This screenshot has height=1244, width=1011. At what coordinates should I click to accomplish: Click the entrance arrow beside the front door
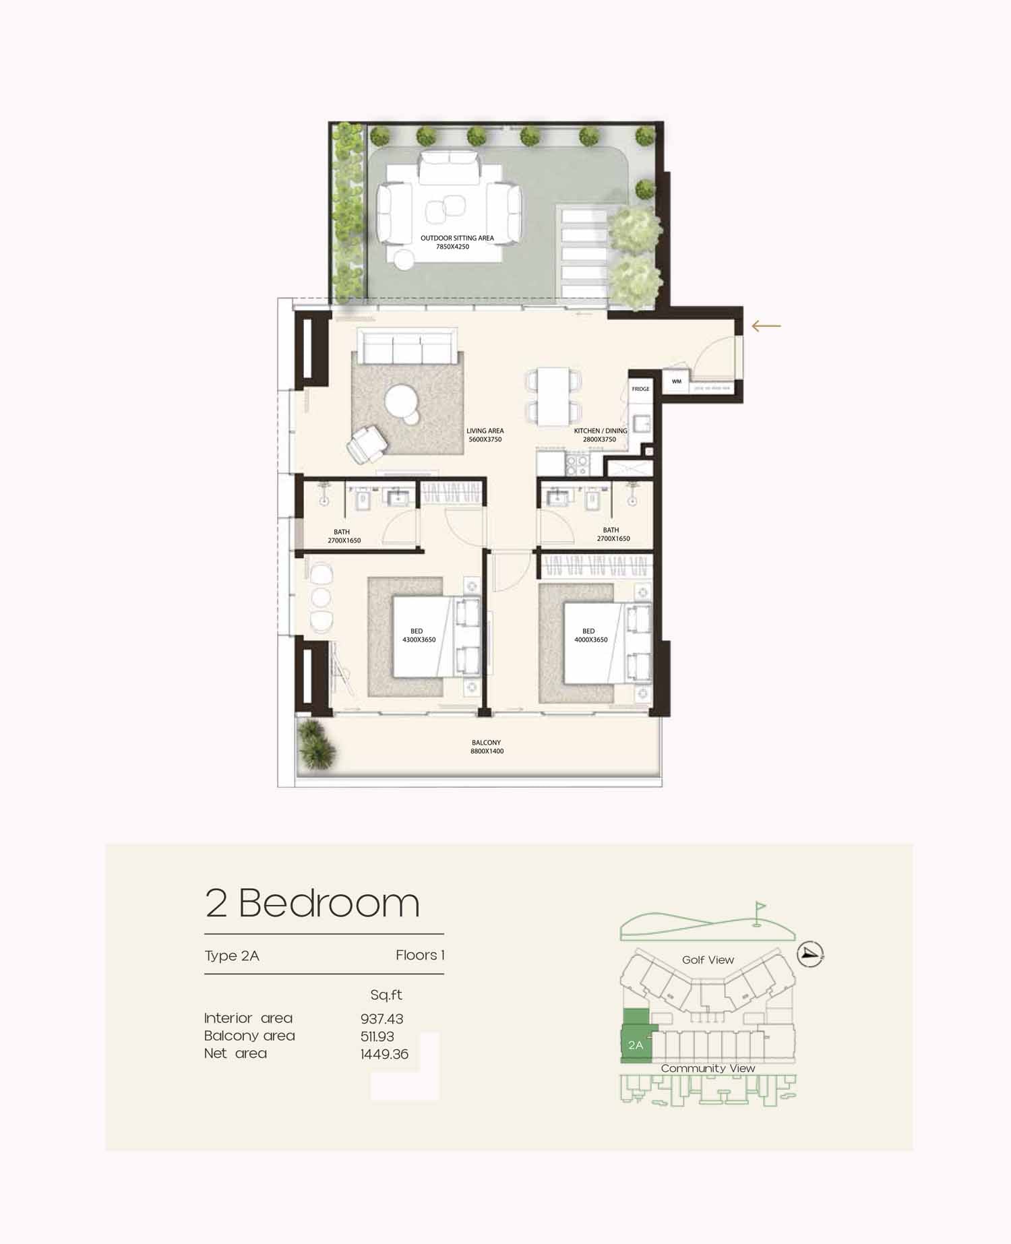(766, 326)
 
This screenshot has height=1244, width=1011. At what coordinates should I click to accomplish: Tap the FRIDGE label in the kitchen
(641, 389)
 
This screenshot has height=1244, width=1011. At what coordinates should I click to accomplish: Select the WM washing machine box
(677, 381)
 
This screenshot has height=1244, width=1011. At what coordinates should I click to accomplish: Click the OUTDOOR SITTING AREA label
(457, 238)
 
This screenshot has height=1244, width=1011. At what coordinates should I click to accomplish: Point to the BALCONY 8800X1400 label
(487, 747)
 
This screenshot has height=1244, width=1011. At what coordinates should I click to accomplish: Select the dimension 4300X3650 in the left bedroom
(419, 640)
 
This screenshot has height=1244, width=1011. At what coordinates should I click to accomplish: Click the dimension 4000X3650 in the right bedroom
(591, 640)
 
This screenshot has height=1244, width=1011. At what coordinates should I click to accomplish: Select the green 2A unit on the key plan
(635, 1037)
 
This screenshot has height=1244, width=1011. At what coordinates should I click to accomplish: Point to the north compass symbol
(810, 954)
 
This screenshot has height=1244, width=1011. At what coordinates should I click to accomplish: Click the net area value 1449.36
(384, 1055)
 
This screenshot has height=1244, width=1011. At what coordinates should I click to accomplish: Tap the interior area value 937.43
(381, 1020)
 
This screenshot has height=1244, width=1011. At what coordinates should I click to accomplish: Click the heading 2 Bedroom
(312, 903)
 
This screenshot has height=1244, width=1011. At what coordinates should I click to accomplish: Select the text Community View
(708, 1068)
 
